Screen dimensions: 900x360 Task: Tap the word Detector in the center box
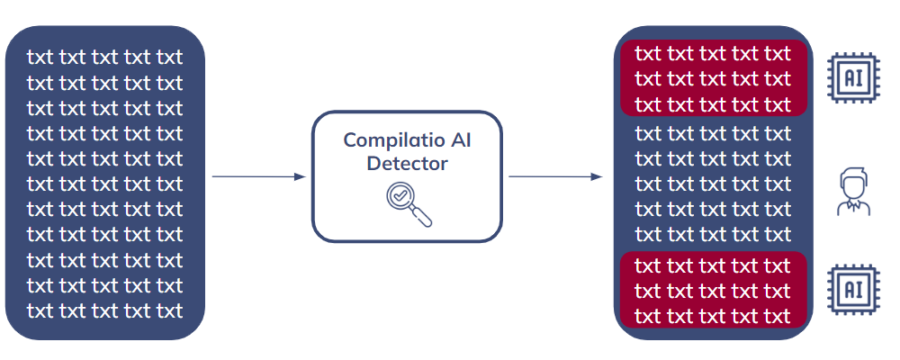[x=407, y=164]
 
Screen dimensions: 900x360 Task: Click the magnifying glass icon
[x=409, y=203]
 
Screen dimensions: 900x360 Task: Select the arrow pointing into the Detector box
[x=259, y=176]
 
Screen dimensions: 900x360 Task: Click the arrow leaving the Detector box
[x=555, y=176]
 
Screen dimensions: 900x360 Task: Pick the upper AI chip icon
[x=853, y=78]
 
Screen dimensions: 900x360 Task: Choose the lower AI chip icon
[x=853, y=289]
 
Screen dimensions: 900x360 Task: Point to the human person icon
[x=853, y=191]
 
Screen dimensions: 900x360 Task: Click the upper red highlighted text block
[x=714, y=78]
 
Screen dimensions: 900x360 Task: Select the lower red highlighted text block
[x=714, y=291]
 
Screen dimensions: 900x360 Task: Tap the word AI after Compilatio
[x=461, y=140]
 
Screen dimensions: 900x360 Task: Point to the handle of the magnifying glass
[x=422, y=217]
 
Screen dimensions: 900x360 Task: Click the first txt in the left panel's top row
[x=40, y=58]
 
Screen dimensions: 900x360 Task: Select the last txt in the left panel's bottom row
[x=170, y=310]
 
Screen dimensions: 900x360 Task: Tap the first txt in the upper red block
[x=649, y=54]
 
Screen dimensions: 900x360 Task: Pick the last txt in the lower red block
[x=778, y=316]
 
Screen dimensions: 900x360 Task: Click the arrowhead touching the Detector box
[x=301, y=176]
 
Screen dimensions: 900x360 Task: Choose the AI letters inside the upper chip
[x=853, y=78]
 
